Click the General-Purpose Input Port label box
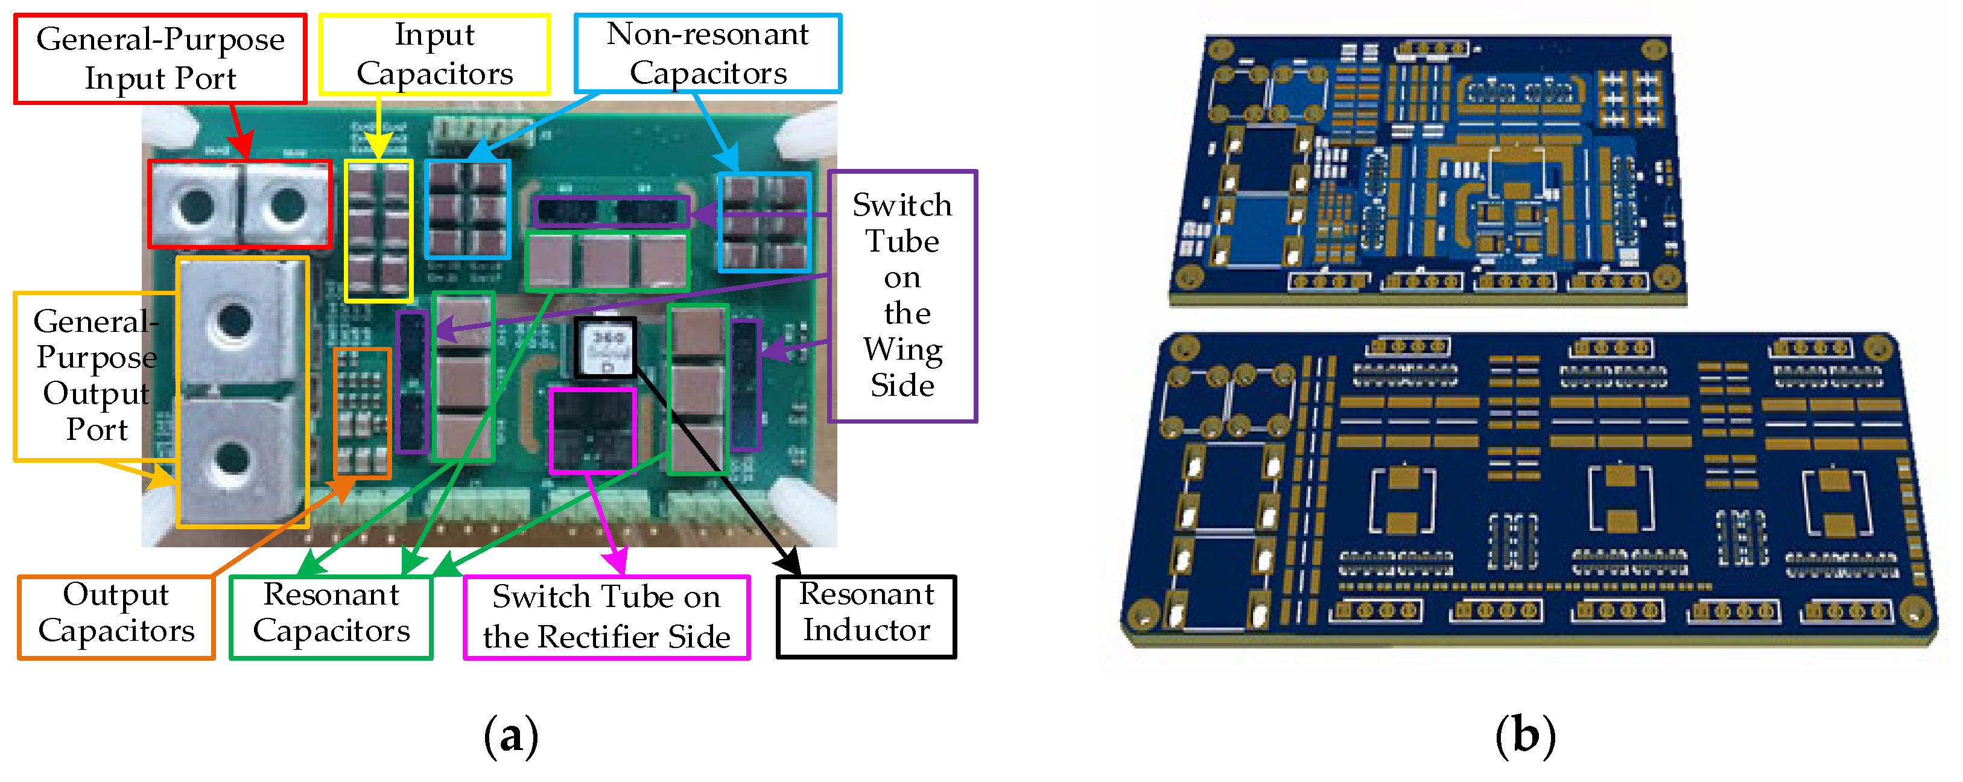(x=160, y=59)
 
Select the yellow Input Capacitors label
(x=434, y=54)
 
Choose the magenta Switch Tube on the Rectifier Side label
(x=607, y=617)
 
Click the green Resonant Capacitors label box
(x=331, y=617)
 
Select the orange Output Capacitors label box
(x=116, y=617)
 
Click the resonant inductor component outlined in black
(x=605, y=348)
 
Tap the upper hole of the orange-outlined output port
(x=233, y=321)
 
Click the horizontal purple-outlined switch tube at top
(x=610, y=212)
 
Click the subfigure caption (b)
(x=1525, y=736)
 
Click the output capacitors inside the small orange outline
(x=362, y=412)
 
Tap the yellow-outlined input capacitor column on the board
(x=378, y=230)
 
